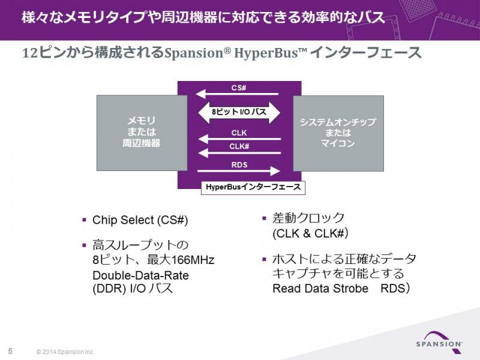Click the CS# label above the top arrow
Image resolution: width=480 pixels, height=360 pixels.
click(x=239, y=88)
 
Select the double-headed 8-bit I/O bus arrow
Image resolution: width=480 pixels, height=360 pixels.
click(x=239, y=112)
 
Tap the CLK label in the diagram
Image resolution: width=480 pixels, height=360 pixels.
click(x=239, y=133)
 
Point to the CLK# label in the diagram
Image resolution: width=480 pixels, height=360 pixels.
click(x=239, y=146)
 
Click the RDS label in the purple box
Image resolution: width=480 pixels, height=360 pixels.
click(x=239, y=165)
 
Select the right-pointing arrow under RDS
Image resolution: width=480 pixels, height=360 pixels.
click(x=239, y=171)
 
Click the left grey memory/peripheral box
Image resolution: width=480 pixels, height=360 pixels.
click(x=142, y=133)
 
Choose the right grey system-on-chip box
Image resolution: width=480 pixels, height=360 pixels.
click(x=338, y=133)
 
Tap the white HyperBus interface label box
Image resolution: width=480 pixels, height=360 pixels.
click(x=253, y=187)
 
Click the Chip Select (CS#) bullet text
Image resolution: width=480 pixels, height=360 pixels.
click(x=140, y=220)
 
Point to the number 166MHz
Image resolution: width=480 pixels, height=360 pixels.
click(x=193, y=260)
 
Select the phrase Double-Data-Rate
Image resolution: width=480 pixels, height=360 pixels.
click(x=140, y=275)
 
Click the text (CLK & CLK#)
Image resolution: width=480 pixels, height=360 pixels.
click(x=310, y=233)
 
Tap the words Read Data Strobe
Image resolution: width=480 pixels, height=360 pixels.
click(x=320, y=289)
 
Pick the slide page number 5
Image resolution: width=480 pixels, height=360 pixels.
click(x=10, y=351)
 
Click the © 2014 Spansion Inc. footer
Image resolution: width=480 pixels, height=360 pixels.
click(x=65, y=352)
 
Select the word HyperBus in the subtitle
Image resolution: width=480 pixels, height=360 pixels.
click(x=266, y=53)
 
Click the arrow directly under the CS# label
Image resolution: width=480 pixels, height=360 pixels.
click(x=236, y=94)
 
